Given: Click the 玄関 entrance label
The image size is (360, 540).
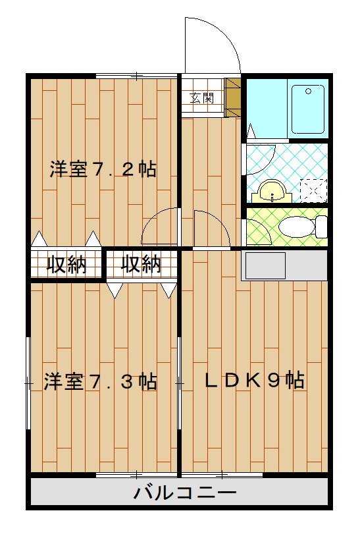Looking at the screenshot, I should coord(202,98).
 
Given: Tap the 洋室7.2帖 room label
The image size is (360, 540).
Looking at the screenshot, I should coord(103,169).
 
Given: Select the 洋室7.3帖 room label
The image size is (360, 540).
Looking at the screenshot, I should coord(101,382).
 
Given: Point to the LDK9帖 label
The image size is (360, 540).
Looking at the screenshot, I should coord(253,380).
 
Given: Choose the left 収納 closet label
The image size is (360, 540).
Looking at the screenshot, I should coord(66,265).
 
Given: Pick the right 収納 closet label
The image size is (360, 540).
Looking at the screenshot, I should coord(141,265).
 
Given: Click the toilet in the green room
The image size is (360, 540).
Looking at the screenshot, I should coord(303,227).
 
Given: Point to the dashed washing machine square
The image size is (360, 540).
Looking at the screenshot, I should coord(313,190).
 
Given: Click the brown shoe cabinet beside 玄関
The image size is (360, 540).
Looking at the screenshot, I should coord(233,98).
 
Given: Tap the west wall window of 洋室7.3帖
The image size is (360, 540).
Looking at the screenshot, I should coord(28,382).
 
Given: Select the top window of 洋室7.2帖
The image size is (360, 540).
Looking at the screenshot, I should coord(136,76).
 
